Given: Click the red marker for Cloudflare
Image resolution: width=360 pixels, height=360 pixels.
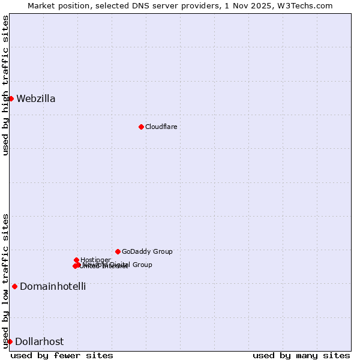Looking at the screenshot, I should pyautogui.click(x=141, y=127).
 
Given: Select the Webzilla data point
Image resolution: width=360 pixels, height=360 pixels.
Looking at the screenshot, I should pyautogui.click(x=11, y=98).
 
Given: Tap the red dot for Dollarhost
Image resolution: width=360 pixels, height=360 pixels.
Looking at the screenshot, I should pyautogui.click(x=10, y=341).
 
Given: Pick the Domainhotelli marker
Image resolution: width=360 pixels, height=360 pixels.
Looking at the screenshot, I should pyautogui.click(x=14, y=286).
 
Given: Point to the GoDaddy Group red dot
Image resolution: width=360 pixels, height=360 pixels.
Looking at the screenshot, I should pyautogui.click(x=118, y=251).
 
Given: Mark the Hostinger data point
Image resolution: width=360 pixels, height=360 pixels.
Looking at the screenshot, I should pyautogui.click(x=76, y=260).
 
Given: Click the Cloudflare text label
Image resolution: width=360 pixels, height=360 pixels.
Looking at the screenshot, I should pyautogui.click(x=161, y=127).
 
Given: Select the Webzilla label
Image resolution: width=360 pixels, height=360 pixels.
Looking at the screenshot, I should pyautogui.click(x=36, y=99).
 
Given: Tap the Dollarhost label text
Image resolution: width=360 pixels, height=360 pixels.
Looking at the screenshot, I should pyautogui.click(x=39, y=342).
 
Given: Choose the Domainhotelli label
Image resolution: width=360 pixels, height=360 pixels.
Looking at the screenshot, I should pyautogui.click(x=53, y=287).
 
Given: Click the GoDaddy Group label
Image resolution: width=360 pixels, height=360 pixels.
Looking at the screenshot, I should pyautogui.click(x=147, y=252).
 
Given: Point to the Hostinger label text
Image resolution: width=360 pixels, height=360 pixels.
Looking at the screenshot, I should pyautogui.click(x=95, y=260).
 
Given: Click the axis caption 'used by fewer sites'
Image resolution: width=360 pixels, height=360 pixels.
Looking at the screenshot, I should pyautogui.click(x=62, y=355).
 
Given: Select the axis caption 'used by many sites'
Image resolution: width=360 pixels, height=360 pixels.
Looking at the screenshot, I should pyautogui.click(x=301, y=355).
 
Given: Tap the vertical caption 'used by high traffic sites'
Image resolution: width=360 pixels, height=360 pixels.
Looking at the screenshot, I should pyautogui.click(x=6, y=85).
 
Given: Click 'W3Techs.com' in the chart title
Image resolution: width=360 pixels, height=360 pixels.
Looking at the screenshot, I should pyautogui.click(x=308, y=5).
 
